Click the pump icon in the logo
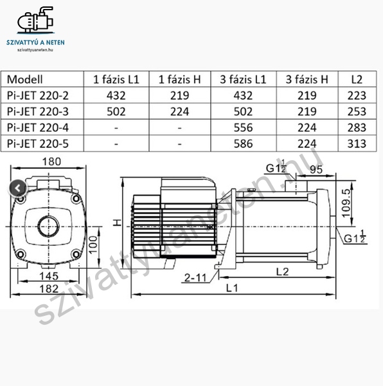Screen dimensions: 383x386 coord(35,20)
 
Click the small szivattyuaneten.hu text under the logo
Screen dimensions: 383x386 coord(35,50)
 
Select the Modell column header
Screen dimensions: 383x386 coord(25,80)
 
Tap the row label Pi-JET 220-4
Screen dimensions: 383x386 coord(38,128)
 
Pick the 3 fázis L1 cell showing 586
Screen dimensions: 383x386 coord(243,143)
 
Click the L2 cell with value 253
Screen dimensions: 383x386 coord(357,112)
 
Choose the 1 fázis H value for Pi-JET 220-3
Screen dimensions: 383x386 coord(180,112)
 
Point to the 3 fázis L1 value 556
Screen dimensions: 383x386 coord(243,128)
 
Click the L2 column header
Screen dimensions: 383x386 coord(357,80)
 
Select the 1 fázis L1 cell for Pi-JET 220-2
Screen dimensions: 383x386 coord(116,95)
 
